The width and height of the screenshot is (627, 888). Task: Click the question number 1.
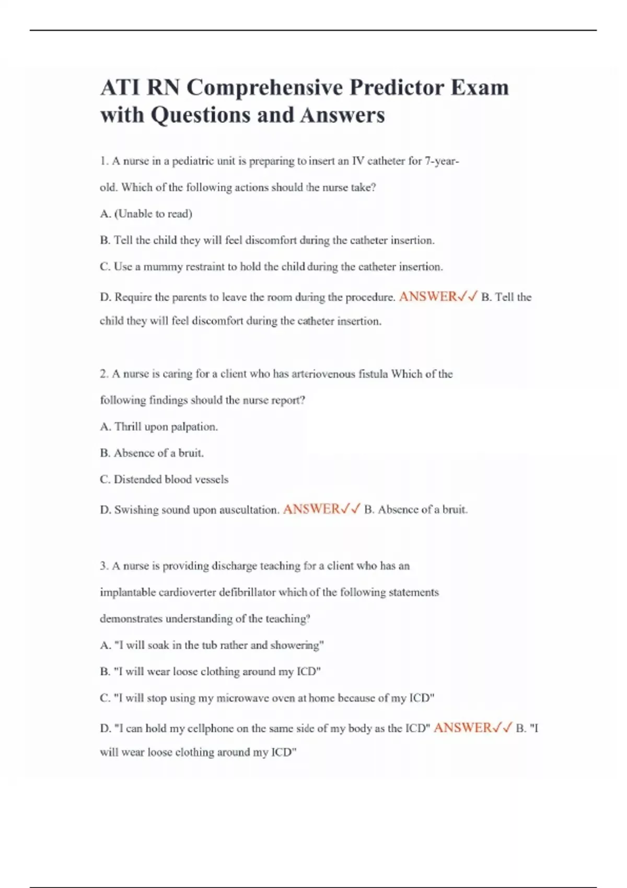tap(103, 161)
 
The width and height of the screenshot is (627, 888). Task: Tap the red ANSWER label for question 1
tap(428, 297)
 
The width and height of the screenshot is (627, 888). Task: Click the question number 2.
tap(103, 374)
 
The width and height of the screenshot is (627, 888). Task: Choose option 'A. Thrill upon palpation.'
tap(159, 427)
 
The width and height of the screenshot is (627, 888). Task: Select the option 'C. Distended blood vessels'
tap(164, 480)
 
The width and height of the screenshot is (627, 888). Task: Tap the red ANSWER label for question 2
tap(311, 509)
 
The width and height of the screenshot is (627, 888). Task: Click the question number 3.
tap(103, 566)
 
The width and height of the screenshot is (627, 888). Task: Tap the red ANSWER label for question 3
tap(462, 728)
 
